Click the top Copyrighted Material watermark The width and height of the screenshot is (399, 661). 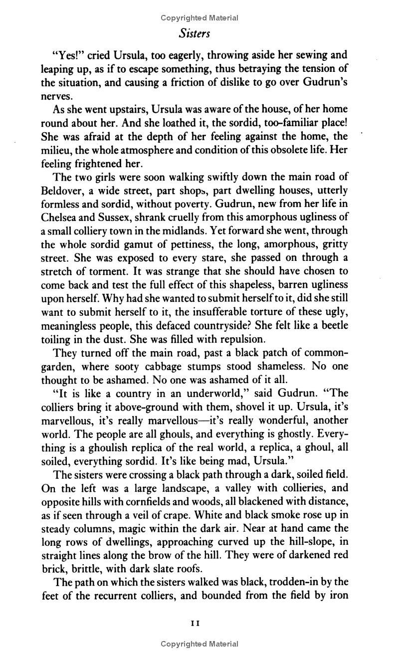pos(199,18)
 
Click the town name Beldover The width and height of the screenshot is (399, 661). pos(62,191)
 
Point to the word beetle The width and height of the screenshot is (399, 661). pos(332,325)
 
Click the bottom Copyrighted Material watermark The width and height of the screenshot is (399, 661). pos(199,644)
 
